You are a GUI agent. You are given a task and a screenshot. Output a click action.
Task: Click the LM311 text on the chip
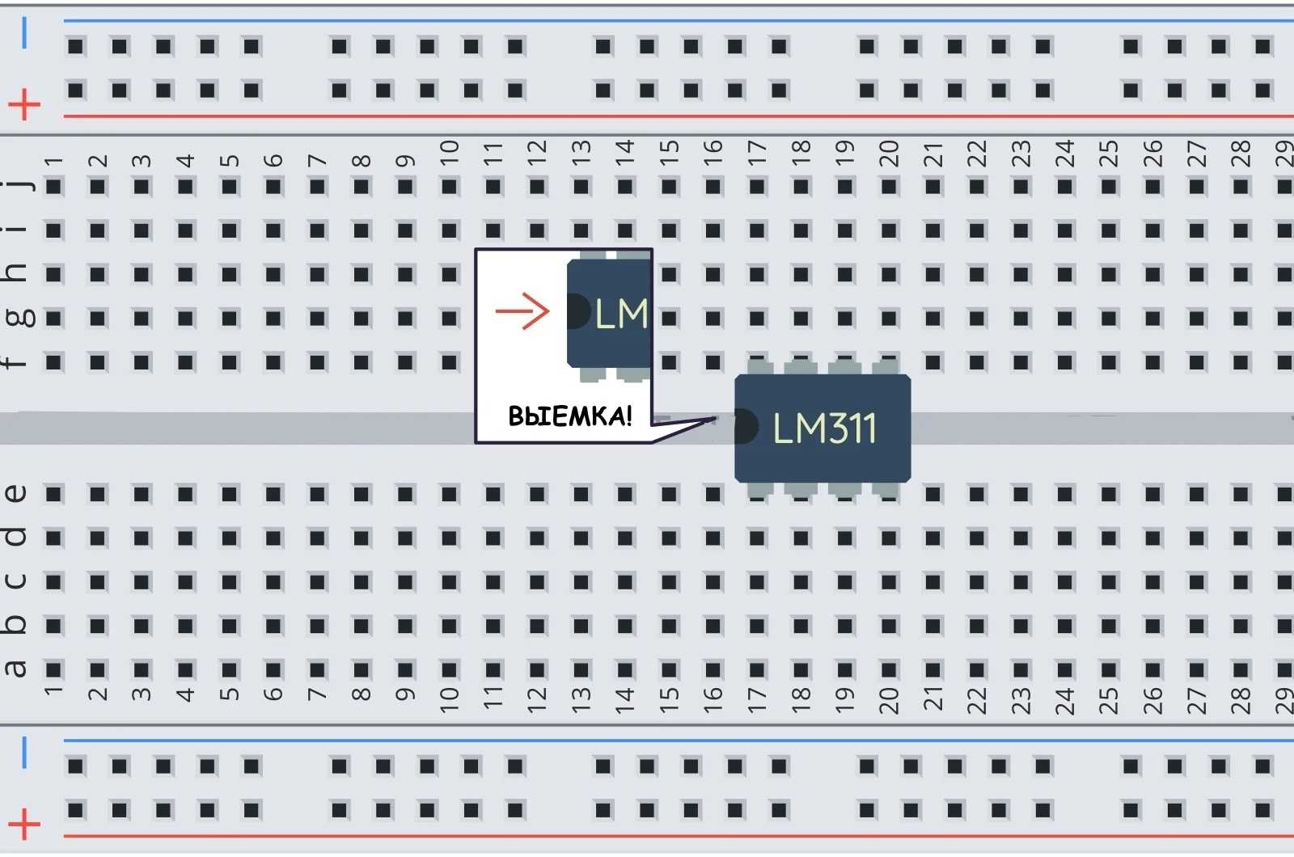coord(824,428)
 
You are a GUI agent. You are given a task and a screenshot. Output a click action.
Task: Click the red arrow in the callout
coord(522,310)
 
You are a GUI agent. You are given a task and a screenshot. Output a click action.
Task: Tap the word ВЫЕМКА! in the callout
coord(569,416)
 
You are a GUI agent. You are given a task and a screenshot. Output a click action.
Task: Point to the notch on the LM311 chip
coord(744,427)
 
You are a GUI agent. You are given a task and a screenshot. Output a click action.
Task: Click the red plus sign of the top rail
coord(24,104)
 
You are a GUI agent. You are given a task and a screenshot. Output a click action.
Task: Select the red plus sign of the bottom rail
coord(24,825)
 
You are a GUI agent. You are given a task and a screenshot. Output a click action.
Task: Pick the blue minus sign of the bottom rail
coord(24,753)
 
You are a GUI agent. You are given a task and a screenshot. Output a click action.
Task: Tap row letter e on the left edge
coord(16,493)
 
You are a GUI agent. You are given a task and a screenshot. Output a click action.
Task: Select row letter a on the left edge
coord(16,669)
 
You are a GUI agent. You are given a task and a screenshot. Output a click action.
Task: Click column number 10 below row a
coord(449,699)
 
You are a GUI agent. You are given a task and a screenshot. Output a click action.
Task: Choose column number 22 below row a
coord(977,699)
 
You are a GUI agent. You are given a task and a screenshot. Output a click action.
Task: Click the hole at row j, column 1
coord(54,188)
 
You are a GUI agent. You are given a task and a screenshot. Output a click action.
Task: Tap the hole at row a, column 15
coord(669,669)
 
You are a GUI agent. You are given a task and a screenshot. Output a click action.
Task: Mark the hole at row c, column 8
coord(362,581)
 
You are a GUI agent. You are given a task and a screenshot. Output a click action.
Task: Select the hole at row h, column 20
coord(889,275)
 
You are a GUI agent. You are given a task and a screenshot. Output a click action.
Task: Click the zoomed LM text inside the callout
coord(621,314)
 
